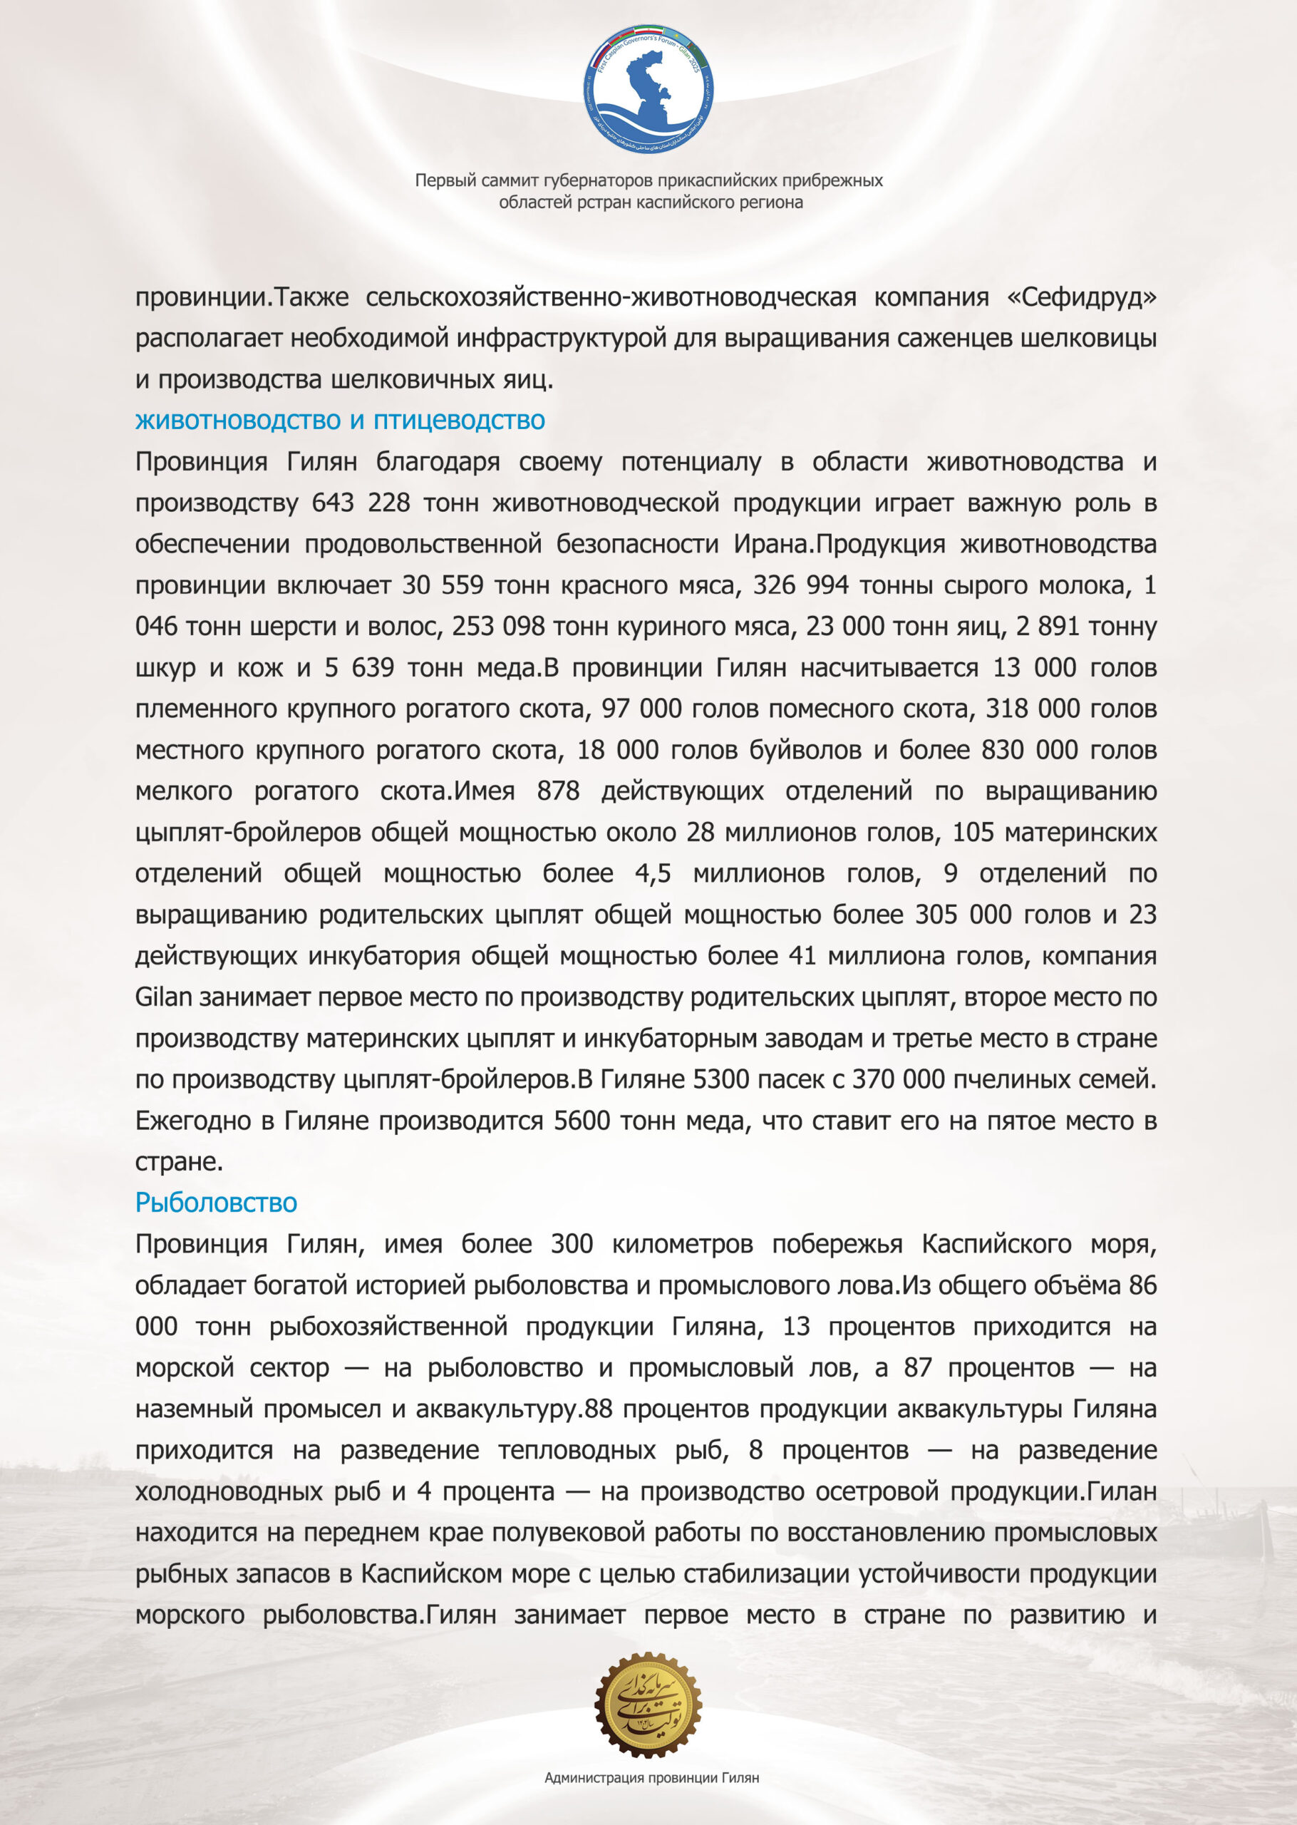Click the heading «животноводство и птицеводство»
(x=339, y=420)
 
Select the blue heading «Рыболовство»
(x=216, y=1202)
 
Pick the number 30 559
(x=442, y=585)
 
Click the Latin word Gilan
(x=163, y=997)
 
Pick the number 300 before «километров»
(x=571, y=1245)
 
